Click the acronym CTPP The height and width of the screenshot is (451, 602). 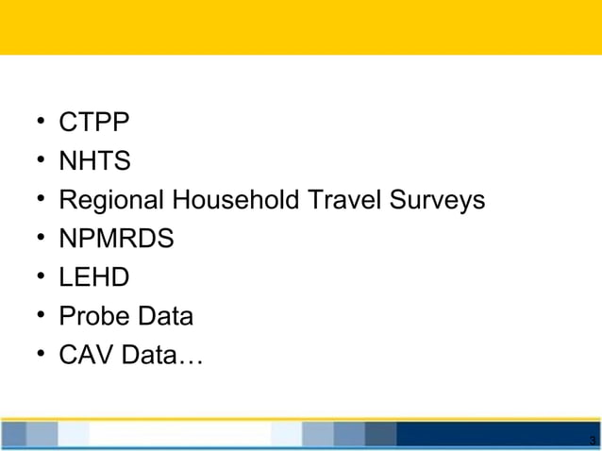[94, 123]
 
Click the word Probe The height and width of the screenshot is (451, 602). [92, 316]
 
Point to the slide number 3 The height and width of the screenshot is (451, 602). [591, 441]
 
